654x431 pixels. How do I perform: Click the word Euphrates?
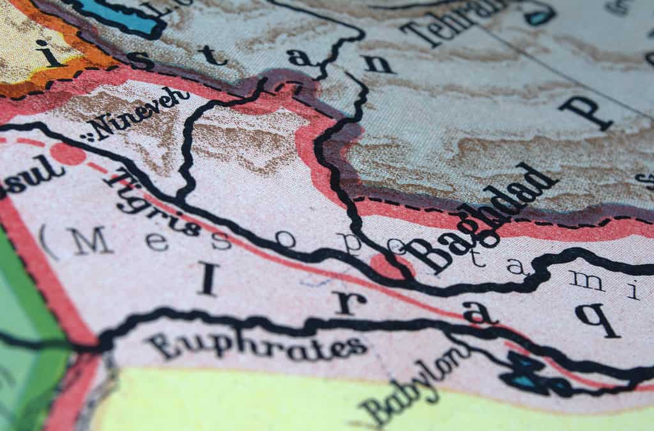pos(256,345)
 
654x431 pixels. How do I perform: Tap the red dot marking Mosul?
pos(68,154)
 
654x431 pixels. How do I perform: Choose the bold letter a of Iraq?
pos(479,312)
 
